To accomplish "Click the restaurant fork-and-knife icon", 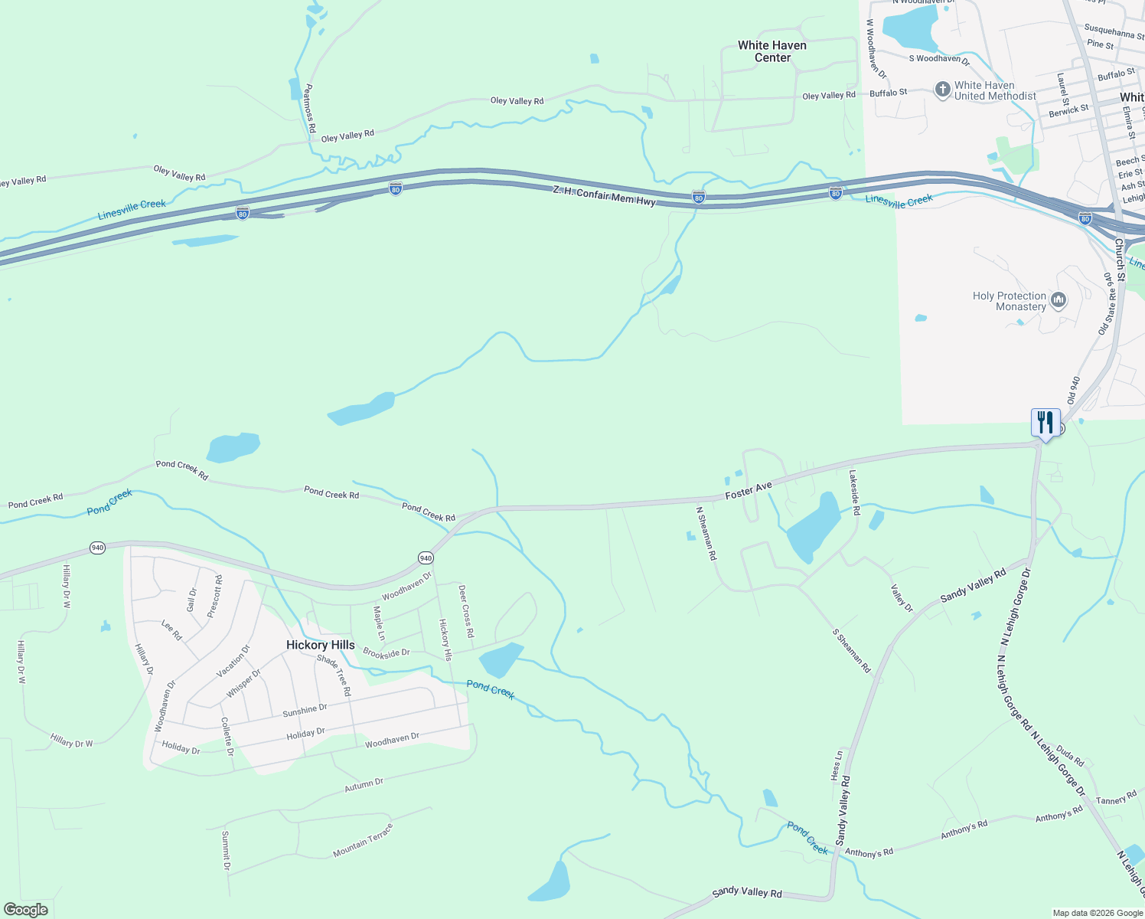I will point(1046,422).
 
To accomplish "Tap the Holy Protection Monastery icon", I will point(1059,299).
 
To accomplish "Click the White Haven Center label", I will point(772,51).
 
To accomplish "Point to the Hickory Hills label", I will point(321,645).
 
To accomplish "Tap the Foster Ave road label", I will point(749,490).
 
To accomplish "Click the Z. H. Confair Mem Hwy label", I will point(604,195).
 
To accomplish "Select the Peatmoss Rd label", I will point(309,108).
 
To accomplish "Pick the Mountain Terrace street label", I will point(363,840).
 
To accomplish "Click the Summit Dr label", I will point(226,850).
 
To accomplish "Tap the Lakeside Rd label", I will point(854,492).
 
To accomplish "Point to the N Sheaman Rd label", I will point(706,533).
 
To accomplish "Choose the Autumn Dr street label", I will point(364,784).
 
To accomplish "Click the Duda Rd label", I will point(1070,756).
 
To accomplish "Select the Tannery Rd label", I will point(1116,799).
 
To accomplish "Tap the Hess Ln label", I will point(837,765).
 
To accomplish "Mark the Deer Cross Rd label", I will point(466,611).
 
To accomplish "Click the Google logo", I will point(26,910).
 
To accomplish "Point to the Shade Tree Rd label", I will point(334,675).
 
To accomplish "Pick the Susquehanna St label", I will point(1114,31).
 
